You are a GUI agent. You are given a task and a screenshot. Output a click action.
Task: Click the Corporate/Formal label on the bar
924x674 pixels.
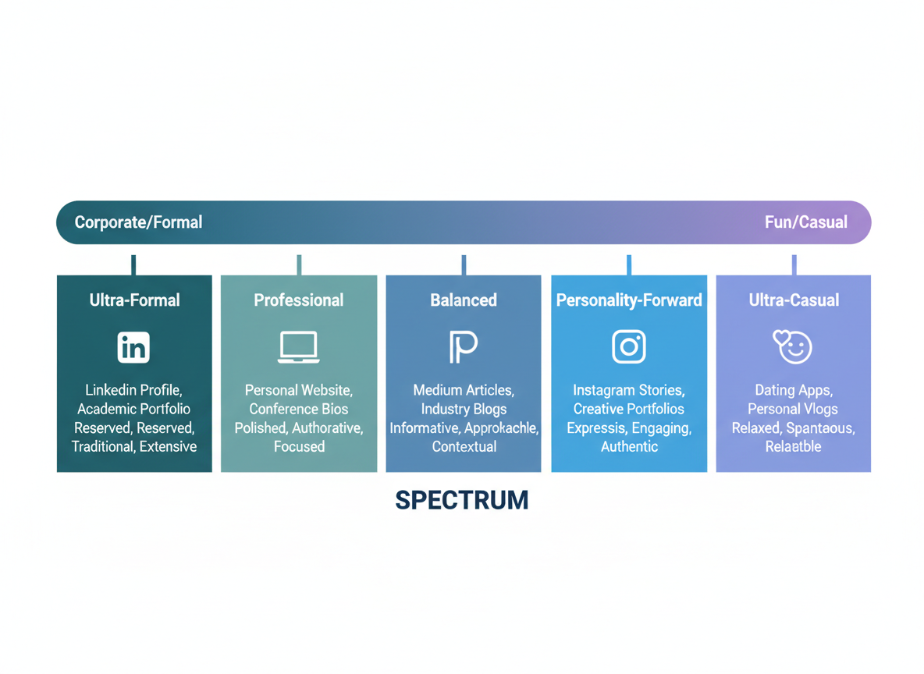tap(138, 222)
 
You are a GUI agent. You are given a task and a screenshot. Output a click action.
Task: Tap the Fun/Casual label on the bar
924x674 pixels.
tap(805, 222)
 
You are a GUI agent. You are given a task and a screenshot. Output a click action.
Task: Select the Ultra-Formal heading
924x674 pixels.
tap(134, 300)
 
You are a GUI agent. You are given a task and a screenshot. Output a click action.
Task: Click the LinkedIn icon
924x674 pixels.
tap(133, 347)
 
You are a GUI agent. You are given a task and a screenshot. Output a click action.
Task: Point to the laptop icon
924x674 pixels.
tap(298, 347)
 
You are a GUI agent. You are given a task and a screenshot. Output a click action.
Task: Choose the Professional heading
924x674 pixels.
tap(298, 300)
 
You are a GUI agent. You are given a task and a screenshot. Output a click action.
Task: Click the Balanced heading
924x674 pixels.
tap(464, 300)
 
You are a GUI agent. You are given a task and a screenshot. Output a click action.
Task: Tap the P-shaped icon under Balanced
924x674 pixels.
tap(463, 347)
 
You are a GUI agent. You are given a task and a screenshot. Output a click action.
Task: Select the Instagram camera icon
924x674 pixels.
tap(629, 347)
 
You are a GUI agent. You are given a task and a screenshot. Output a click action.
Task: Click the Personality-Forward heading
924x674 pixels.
tap(629, 300)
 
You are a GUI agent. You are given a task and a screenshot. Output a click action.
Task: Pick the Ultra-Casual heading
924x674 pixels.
tap(794, 300)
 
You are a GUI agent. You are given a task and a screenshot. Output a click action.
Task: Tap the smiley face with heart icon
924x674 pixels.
tap(793, 347)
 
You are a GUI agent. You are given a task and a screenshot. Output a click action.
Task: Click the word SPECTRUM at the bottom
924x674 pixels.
tap(462, 500)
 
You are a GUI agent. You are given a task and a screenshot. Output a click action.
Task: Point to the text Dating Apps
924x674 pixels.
tap(793, 390)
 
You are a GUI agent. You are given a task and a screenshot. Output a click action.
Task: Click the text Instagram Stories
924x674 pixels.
tap(629, 390)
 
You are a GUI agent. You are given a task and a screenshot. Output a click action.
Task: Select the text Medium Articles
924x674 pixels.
tap(464, 390)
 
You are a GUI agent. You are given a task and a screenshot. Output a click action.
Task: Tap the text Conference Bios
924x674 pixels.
tap(298, 409)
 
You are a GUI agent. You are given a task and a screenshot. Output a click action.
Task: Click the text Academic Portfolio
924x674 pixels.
tap(133, 409)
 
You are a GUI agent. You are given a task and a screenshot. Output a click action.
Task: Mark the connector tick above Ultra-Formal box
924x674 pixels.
tap(133, 265)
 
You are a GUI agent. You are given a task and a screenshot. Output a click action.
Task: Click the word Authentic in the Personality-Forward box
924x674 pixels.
tap(629, 447)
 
